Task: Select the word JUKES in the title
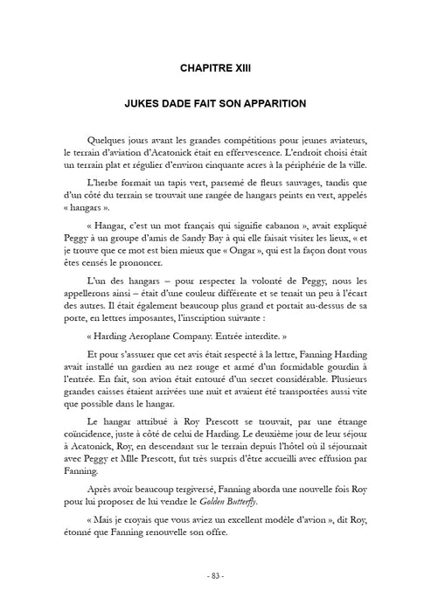point(142,102)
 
